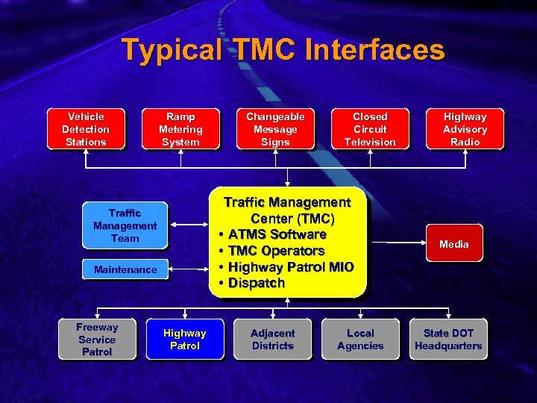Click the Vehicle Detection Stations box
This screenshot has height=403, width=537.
[x=86, y=129]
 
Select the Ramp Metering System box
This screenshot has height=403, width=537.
[x=180, y=129]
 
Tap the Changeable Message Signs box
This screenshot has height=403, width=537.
[x=275, y=129]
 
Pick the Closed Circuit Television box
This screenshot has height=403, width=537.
[x=370, y=129]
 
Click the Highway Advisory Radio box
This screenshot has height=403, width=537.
[x=465, y=129]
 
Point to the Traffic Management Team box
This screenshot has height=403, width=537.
[x=125, y=225]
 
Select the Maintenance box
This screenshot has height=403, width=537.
[x=125, y=269]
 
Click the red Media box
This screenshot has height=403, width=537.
[x=454, y=244]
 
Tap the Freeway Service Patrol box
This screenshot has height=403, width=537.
[x=97, y=340]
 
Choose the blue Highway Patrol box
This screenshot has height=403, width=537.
[x=184, y=340]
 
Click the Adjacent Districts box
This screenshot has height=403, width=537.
[x=272, y=340]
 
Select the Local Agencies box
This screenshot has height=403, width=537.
[x=360, y=340]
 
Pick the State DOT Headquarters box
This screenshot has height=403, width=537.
[x=448, y=340]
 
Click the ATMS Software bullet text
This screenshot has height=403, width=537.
[x=277, y=234]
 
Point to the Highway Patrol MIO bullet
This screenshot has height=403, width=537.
[x=291, y=267]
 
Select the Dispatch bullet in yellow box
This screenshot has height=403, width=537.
[x=257, y=283]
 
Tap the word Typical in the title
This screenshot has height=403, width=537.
[x=172, y=51]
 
